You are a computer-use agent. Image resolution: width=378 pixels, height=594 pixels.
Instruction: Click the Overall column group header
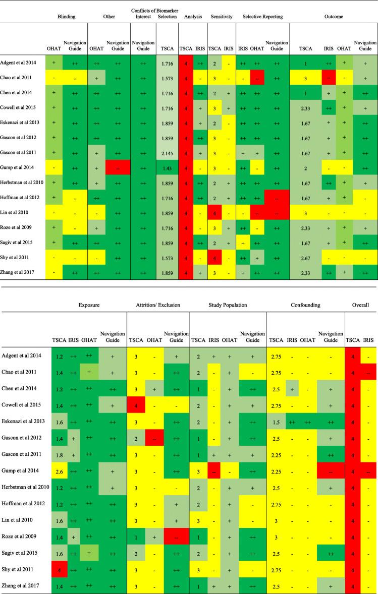click(x=361, y=305)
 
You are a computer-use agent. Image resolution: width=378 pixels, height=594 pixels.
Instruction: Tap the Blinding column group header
click(x=67, y=17)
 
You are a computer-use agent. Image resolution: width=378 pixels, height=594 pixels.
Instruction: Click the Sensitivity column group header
click(x=221, y=17)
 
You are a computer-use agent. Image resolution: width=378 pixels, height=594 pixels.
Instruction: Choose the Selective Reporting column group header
click(x=262, y=17)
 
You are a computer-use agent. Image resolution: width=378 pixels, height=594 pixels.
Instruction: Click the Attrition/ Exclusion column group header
click(x=158, y=305)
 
